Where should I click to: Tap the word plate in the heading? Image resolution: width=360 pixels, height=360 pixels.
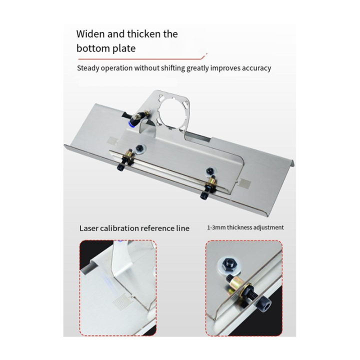pyautogui.click(x=124, y=49)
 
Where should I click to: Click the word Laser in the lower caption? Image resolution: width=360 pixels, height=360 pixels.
pyautogui.click(x=91, y=228)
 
